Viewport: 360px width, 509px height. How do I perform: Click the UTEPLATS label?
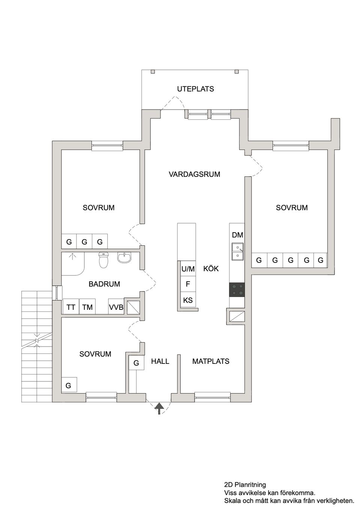195,89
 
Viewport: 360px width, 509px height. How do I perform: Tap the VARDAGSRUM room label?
194,174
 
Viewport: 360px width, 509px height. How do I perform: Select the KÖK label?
211,269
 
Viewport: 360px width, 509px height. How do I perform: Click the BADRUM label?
104,284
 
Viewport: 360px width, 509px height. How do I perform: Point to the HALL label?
160,361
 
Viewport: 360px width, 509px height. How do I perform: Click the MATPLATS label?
211,361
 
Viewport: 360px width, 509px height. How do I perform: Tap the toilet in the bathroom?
104,260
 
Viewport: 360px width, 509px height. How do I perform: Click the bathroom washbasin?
124,258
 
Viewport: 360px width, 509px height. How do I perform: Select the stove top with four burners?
237,290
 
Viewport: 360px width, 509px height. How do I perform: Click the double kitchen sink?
237,251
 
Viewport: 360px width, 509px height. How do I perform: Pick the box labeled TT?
71,307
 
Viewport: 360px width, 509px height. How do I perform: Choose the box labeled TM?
87,307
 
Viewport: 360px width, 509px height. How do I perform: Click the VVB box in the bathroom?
116,307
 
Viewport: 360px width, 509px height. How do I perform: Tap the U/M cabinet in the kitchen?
188,269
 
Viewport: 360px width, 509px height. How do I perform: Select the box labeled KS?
188,300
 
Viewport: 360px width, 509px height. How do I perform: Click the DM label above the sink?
237,235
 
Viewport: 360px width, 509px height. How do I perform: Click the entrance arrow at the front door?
159,408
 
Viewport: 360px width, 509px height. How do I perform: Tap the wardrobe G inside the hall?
136,363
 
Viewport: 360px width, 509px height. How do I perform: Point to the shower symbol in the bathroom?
72,256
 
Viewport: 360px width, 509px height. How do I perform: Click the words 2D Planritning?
245,485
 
